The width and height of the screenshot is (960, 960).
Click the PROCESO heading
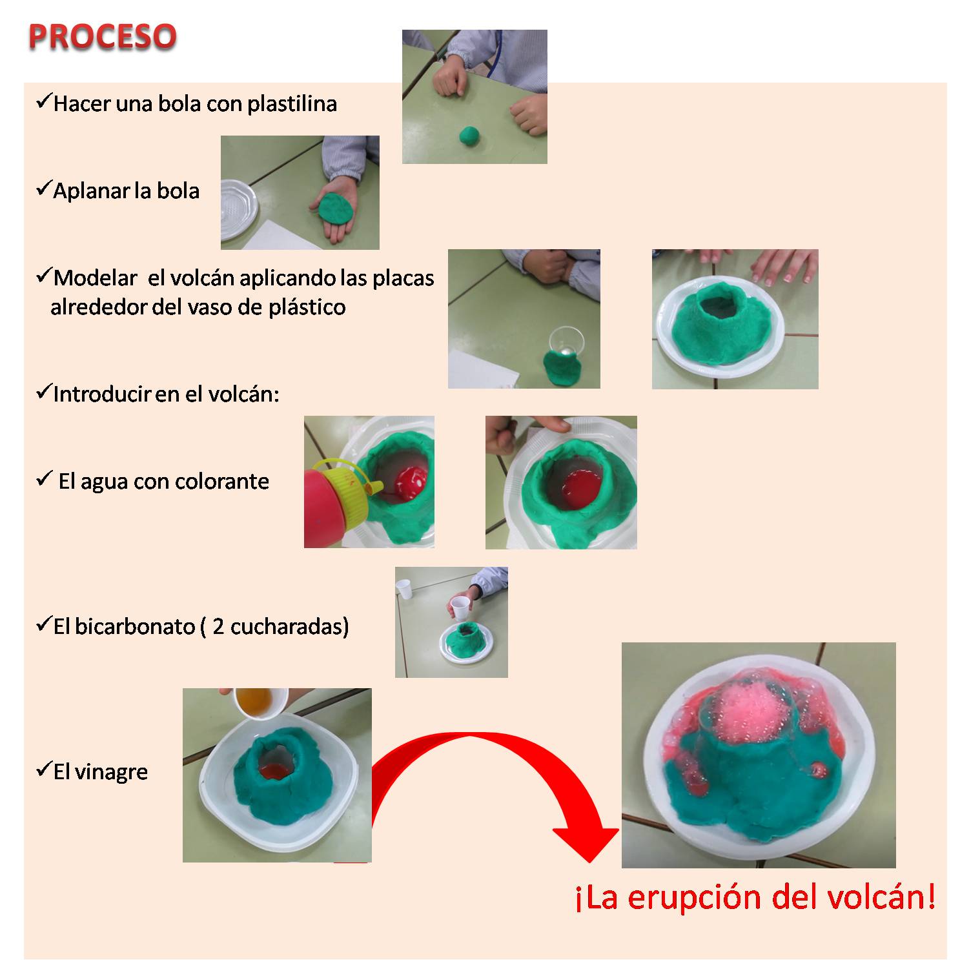(102, 37)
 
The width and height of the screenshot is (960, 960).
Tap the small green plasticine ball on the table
(469, 136)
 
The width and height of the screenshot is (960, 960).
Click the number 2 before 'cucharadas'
(218, 626)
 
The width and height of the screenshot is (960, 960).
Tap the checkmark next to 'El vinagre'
(43, 770)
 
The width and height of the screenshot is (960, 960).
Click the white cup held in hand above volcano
(459, 608)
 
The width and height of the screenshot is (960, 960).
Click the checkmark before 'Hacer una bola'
(43, 101)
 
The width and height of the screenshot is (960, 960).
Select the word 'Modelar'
(96, 278)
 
